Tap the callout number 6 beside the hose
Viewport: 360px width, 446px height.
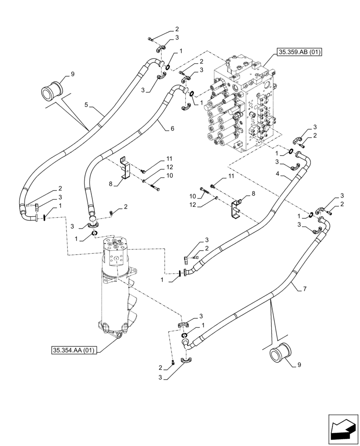point(172,128)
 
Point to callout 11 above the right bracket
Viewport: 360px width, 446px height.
point(231,177)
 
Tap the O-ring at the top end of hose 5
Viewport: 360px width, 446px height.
point(167,67)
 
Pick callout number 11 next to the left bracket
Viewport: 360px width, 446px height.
point(169,158)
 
